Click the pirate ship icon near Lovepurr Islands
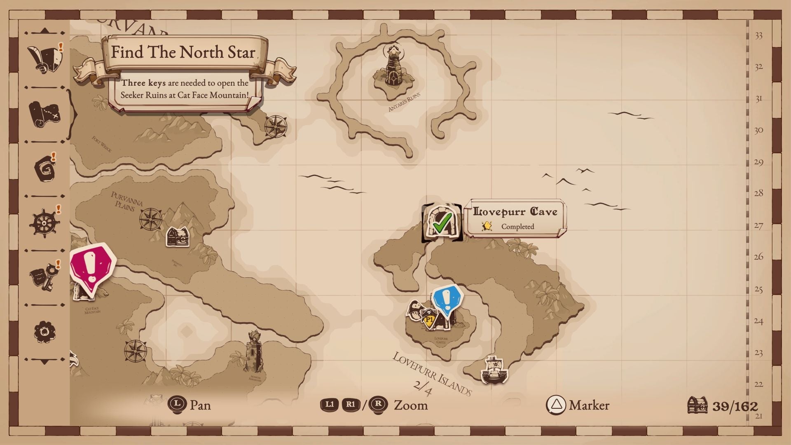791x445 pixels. [x=494, y=369]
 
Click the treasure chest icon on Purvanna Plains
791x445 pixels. [x=178, y=237]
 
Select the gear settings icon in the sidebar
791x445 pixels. [x=44, y=332]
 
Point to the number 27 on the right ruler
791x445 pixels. [x=758, y=226]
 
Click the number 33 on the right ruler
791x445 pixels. [x=758, y=36]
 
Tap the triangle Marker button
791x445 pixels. [x=556, y=405]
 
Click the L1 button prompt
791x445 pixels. [x=330, y=405]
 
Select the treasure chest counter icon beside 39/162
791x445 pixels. [x=697, y=405]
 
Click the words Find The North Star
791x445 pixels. [x=183, y=52]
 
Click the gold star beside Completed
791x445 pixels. [x=487, y=226]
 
